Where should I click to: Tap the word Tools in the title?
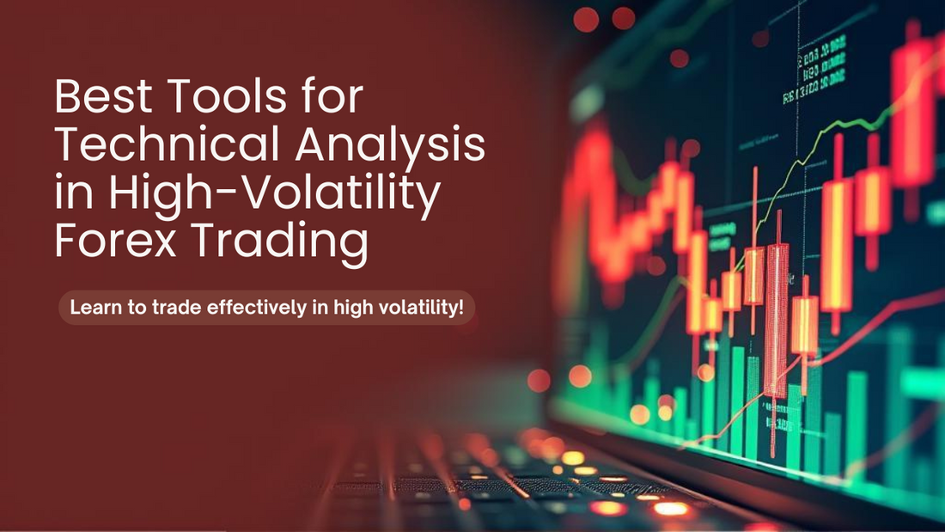click(x=229, y=96)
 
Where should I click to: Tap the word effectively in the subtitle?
click(x=257, y=309)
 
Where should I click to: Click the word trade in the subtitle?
click(x=176, y=307)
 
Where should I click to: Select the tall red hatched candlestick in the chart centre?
click(x=777, y=320)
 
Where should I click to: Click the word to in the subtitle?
click(x=136, y=308)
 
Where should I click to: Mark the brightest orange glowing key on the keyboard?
click(x=671, y=509)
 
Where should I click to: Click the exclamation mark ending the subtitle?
click(x=461, y=307)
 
